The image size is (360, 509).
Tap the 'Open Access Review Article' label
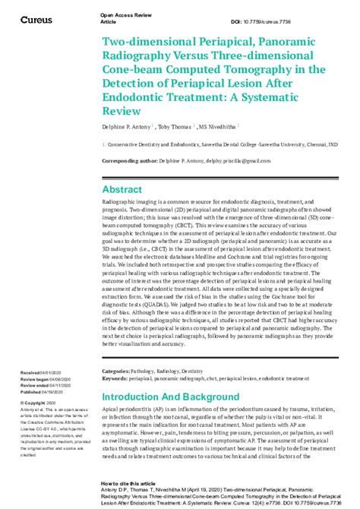123,18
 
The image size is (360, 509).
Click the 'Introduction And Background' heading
170,397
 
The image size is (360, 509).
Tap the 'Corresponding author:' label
130,160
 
